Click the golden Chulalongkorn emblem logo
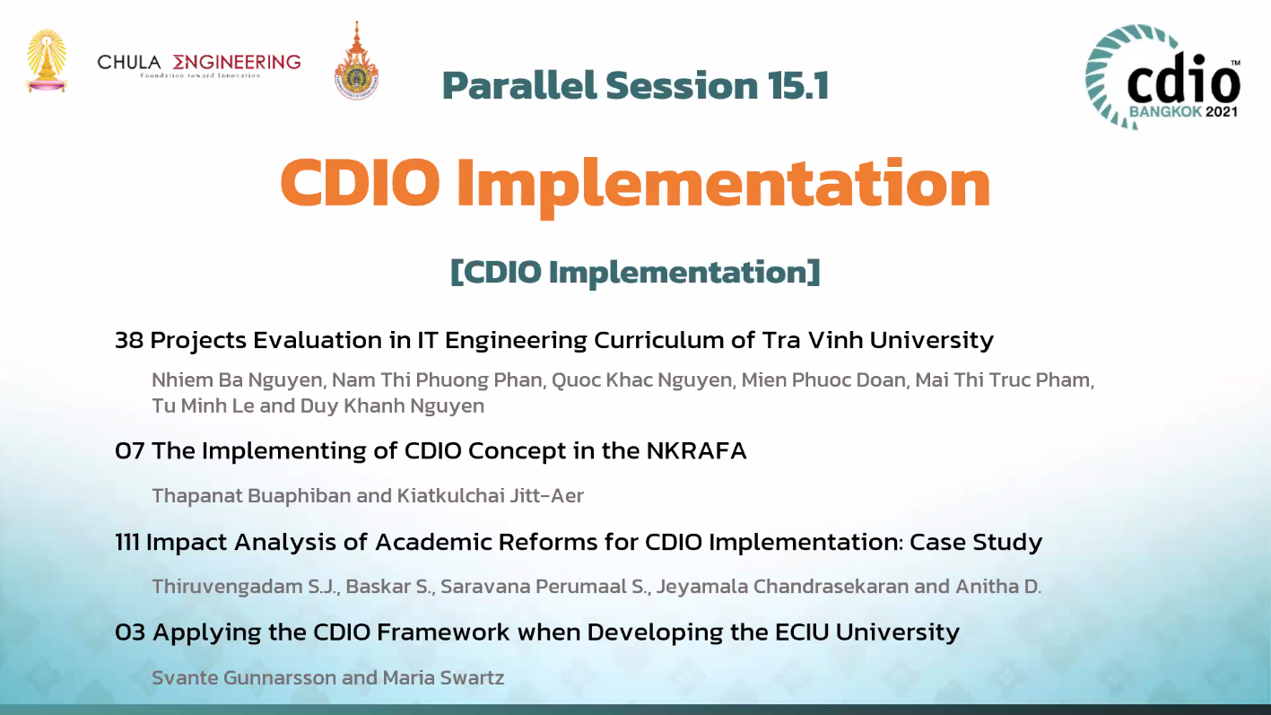pos(47,61)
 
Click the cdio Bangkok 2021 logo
pos(1163,76)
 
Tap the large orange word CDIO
pos(360,183)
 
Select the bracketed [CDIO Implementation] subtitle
pos(635,272)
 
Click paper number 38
pos(129,341)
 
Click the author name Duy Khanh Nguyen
pos(392,406)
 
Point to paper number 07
pos(130,451)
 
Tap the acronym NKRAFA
pos(697,451)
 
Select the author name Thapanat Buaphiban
pos(251,496)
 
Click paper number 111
pos(127,542)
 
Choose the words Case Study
pos(976,542)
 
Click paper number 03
pos(130,632)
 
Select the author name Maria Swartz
pos(443,678)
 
